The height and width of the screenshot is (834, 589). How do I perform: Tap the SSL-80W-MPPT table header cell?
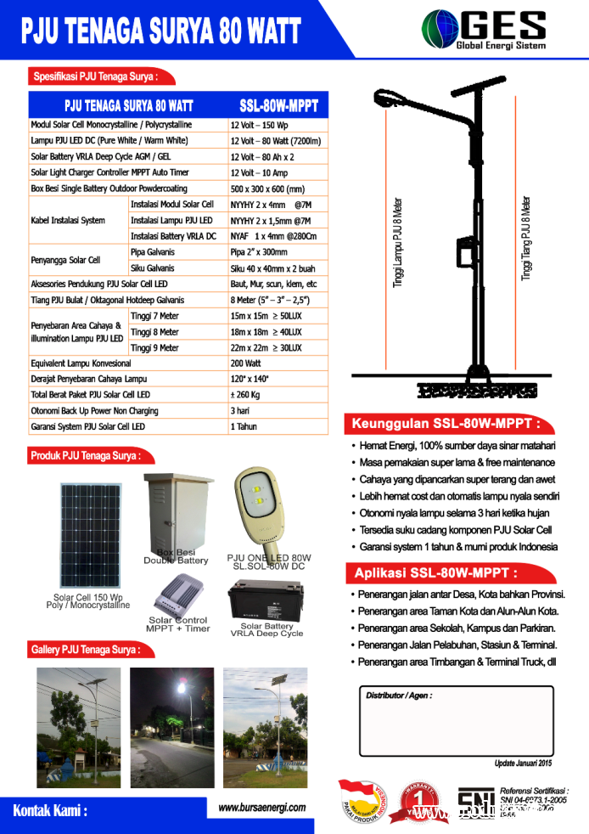278,106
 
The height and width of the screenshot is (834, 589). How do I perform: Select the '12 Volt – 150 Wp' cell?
259,125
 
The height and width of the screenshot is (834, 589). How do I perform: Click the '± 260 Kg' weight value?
245,395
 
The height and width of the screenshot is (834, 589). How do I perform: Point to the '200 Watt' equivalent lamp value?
246,363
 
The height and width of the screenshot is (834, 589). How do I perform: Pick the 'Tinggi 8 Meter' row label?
155,332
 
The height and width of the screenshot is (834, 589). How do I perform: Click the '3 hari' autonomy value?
239,411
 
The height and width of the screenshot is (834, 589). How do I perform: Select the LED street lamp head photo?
262,506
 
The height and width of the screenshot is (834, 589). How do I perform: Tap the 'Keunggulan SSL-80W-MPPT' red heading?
441,425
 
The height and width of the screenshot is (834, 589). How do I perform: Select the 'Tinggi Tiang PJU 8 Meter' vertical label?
526,239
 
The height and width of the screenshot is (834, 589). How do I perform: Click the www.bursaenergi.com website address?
262,808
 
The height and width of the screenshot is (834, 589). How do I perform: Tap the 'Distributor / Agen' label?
399,696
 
